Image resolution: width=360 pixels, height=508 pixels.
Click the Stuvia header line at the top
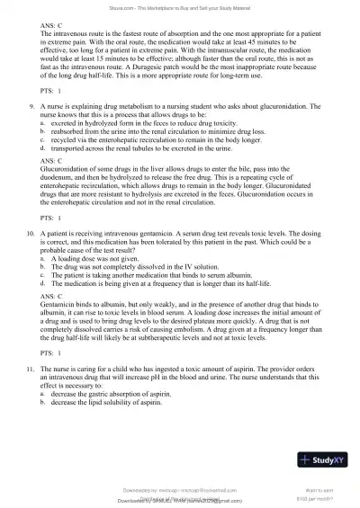point(180,7)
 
